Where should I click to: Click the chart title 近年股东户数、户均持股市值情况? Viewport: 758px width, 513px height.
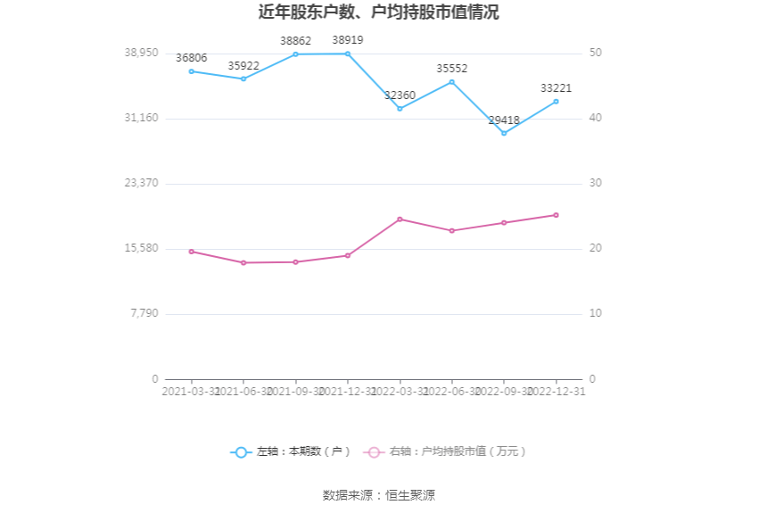(379, 12)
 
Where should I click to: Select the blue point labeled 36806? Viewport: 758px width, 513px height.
(191, 71)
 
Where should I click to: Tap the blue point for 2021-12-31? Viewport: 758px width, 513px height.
(348, 54)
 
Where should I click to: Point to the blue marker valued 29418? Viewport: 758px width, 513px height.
(504, 133)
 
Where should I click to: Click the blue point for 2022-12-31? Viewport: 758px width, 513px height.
(556, 102)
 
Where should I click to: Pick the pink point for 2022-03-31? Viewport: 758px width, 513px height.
(400, 219)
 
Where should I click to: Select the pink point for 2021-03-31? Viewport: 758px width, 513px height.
(191, 252)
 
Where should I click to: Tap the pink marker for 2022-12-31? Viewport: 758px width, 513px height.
(556, 215)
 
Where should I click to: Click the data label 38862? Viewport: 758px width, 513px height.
(295, 41)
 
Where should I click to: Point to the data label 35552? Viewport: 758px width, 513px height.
(451, 69)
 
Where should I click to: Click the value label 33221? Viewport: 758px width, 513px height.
(556, 88)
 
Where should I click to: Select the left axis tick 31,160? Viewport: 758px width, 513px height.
(141, 118)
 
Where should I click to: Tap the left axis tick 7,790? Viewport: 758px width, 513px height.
(144, 313)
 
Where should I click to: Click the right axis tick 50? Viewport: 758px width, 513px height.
(596, 53)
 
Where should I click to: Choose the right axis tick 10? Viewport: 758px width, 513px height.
(596, 313)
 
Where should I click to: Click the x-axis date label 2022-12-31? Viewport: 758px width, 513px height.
(556, 392)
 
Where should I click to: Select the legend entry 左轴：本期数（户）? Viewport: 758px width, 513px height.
(292, 452)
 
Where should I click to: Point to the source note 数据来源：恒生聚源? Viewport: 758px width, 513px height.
(379, 495)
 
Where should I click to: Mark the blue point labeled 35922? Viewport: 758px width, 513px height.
(243, 79)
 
